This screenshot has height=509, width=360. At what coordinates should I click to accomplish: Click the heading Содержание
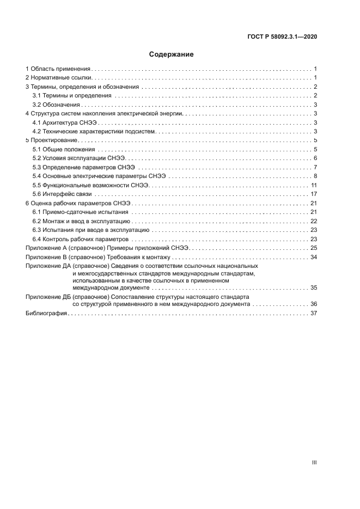[x=172, y=54]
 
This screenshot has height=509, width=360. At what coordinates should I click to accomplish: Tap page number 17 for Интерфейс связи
[x=314, y=194]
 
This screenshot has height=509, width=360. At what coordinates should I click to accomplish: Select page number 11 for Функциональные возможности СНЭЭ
[x=314, y=185]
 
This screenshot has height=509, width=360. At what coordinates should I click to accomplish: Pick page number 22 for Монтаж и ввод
[x=314, y=220]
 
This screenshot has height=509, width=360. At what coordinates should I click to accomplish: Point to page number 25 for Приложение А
[x=314, y=248]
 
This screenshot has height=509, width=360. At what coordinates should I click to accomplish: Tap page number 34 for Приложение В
[x=314, y=256]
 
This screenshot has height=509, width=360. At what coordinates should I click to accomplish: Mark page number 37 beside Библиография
[x=314, y=314]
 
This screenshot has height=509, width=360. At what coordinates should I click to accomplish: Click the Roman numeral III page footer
[x=314, y=462]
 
